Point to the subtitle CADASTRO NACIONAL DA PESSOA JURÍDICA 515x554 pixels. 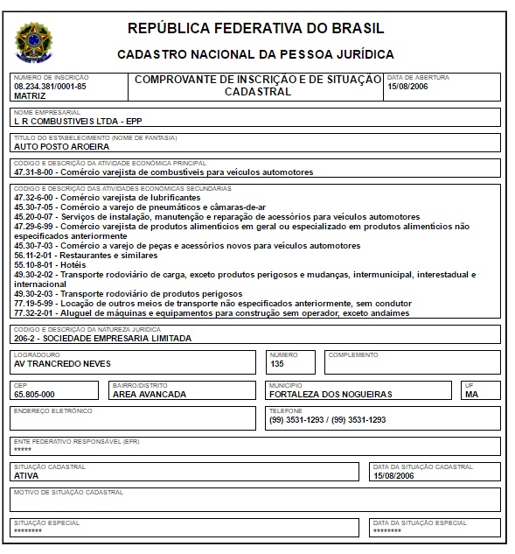click(x=255, y=54)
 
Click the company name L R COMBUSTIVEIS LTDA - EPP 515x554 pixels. click(x=75, y=122)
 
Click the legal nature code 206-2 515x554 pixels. click(x=26, y=338)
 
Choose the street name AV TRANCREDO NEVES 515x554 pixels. click(x=62, y=364)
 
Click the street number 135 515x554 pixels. click(x=278, y=364)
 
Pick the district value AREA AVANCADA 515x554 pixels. click(x=149, y=394)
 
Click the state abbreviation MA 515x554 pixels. click(x=471, y=394)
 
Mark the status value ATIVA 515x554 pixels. click(x=26, y=476)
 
